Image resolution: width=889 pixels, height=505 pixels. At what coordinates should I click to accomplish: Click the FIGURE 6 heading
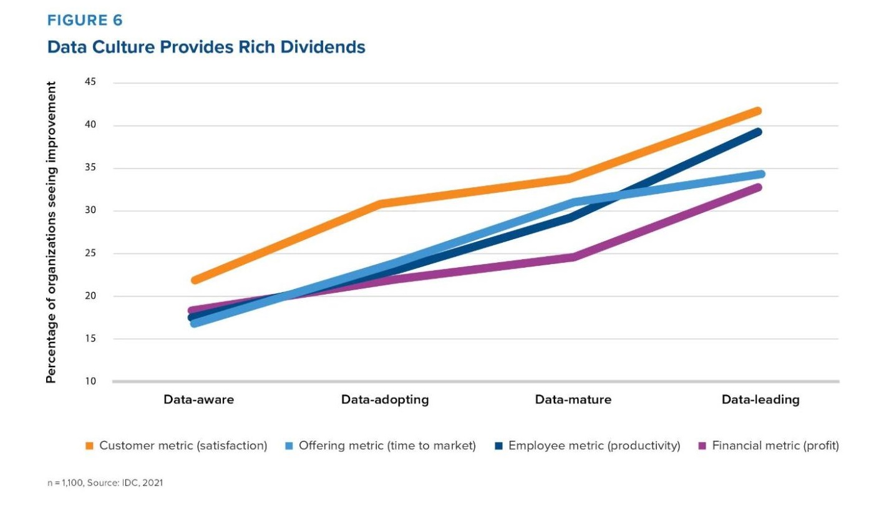[85, 21]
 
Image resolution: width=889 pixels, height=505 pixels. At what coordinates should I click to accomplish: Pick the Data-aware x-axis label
[198, 400]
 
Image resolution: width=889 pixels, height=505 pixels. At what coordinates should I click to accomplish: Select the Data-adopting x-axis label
[385, 400]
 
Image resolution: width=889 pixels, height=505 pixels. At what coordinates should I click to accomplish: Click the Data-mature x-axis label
[573, 400]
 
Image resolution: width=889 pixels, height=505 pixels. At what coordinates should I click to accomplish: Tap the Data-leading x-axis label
[760, 400]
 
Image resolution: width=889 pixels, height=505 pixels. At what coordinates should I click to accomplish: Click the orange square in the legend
[89, 446]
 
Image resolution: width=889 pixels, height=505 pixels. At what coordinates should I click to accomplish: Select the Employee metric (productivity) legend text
[594, 446]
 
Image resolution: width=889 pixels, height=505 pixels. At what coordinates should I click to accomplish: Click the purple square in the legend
[702, 446]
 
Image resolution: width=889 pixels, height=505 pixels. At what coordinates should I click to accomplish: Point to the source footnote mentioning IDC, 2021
[105, 483]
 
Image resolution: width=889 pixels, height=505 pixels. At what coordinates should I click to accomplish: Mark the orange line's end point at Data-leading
[758, 111]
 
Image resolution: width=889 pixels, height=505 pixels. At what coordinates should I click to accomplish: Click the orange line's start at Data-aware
[195, 280]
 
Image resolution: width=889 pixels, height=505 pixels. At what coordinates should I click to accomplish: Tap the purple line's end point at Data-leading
[758, 187]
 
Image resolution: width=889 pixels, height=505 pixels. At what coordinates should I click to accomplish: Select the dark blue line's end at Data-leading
[758, 132]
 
